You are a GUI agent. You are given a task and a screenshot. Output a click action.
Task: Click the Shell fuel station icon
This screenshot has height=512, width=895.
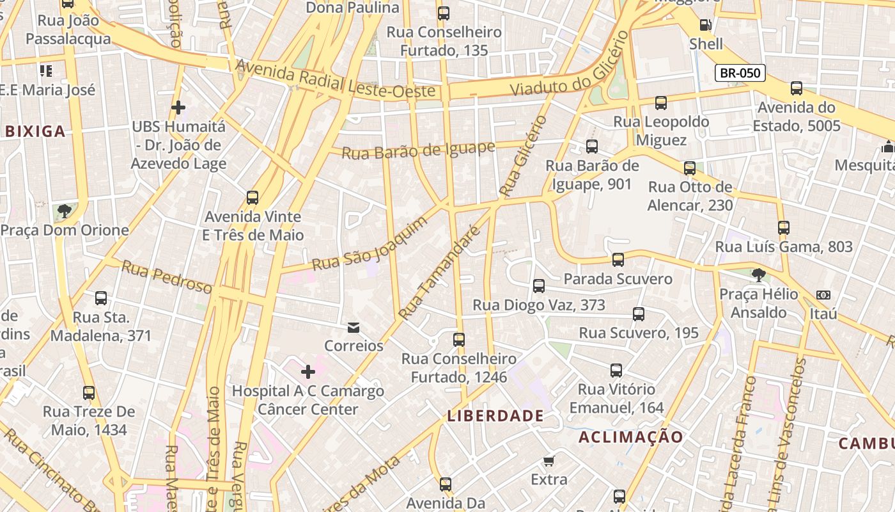(x=706, y=25)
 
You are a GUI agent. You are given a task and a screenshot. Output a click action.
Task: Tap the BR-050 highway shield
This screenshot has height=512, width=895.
(x=740, y=73)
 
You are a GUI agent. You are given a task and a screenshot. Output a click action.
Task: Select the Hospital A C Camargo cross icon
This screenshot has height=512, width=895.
(x=308, y=371)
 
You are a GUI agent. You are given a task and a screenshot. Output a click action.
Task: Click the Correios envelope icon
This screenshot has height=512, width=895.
(x=353, y=328)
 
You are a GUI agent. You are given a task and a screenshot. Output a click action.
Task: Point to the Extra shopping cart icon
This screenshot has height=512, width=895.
(x=549, y=461)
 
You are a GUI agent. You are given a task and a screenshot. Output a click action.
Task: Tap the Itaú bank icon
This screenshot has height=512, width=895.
(x=823, y=295)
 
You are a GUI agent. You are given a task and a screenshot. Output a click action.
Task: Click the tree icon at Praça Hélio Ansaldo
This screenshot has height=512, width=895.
(x=759, y=275)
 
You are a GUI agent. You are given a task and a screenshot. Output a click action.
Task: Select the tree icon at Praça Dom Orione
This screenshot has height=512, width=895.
(x=64, y=211)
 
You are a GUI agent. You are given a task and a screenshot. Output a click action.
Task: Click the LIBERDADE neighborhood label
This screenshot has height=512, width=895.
(x=495, y=416)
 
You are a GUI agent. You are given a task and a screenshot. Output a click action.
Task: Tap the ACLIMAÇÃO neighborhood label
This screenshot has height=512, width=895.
(x=631, y=437)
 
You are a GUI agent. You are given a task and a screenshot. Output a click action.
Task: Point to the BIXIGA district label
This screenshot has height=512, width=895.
(x=35, y=132)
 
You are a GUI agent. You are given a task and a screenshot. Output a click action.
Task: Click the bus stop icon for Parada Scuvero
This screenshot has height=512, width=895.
(x=618, y=260)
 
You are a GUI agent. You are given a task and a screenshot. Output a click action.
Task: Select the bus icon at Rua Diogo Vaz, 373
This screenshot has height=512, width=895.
(x=539, y=286)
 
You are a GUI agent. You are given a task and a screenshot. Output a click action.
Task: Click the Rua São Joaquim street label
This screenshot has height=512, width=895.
(x=369, y=244)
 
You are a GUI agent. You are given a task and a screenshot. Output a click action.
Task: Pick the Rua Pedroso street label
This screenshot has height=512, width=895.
(x=166, y=277)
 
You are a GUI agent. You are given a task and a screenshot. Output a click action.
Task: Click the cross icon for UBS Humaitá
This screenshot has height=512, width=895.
(x=178, y=107)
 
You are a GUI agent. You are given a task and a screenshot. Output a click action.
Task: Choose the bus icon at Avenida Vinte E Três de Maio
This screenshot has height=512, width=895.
(x=253, y=198)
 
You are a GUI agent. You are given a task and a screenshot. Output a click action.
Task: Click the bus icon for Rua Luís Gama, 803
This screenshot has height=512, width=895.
(x=784, y=227)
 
